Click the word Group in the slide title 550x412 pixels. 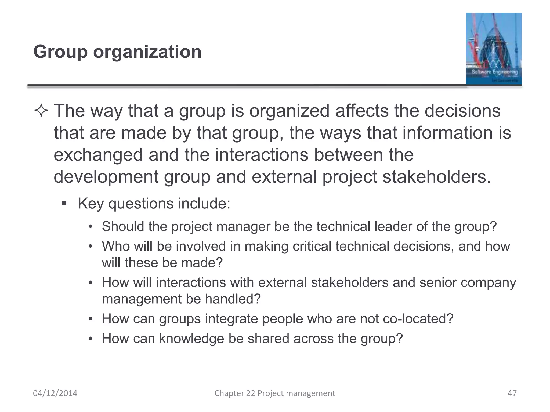click(x=60, y=51)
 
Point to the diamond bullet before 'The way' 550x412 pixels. click(x=41, y=111)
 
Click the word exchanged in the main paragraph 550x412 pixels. click(x=98, y=155)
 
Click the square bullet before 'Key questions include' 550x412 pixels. click(x=64, y=203)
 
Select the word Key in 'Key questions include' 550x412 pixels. click(x=91, y=203)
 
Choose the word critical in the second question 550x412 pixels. click(x=312, y=246)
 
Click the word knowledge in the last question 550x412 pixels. click(x=191, y=339)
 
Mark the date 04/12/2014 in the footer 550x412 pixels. click(x=55, y=393)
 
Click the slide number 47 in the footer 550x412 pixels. click(x=512, y=393)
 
